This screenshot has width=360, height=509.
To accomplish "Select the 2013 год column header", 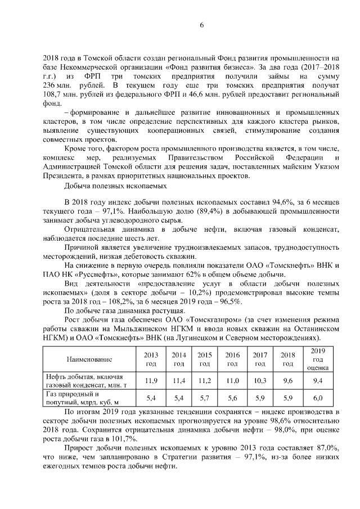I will point(150,359).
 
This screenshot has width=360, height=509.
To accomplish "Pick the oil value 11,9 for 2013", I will point(150,381).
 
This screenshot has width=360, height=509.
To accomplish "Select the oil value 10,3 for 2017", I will point(259,381).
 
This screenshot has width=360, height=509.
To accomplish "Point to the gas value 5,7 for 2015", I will point(204,398).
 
